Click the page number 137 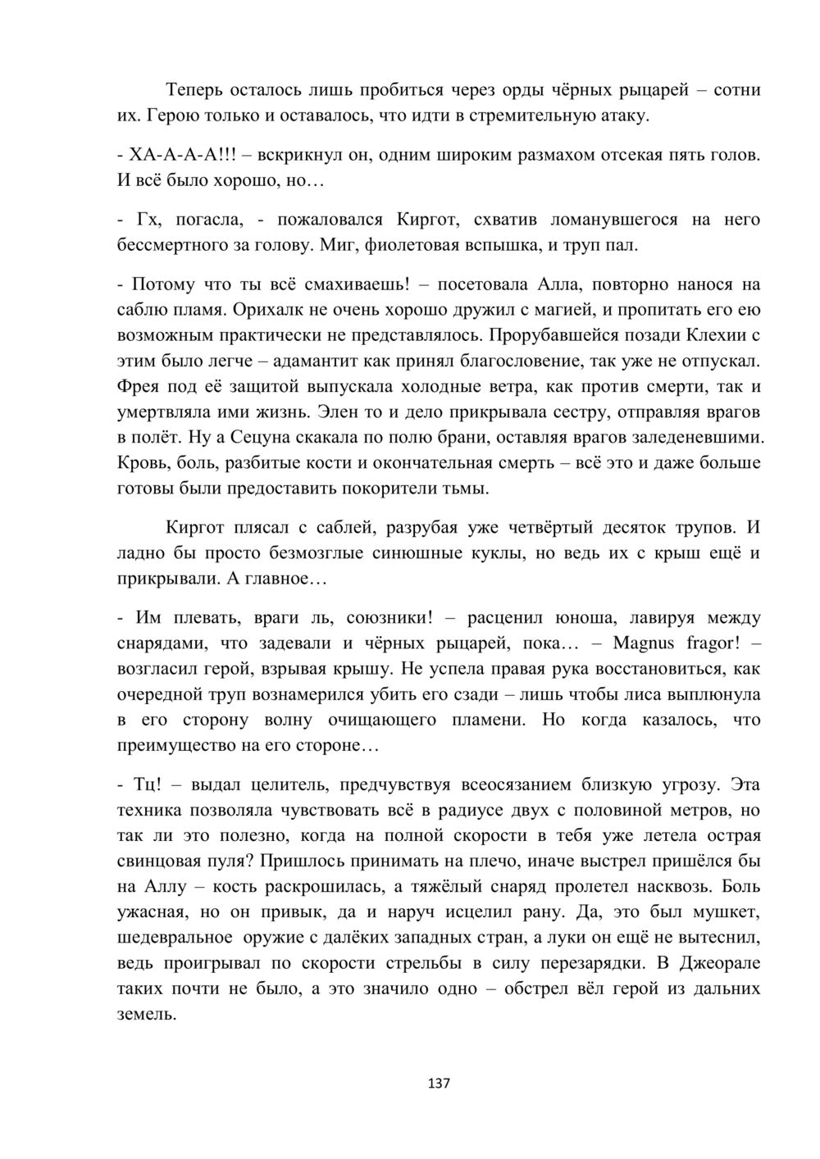pyautogui.click(x=439, y=1084)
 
